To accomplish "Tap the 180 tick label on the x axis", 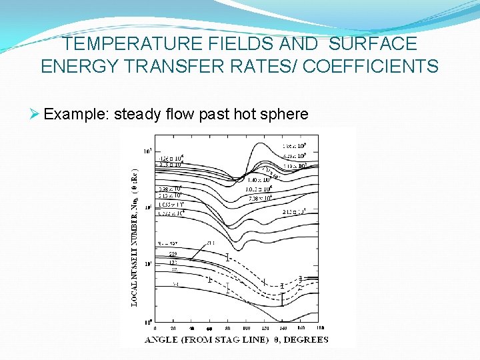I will click(321, 328).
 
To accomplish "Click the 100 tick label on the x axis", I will click(246, 328).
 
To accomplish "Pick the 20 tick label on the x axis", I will click(173, 328).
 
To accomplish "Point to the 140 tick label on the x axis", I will click(283, 328).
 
